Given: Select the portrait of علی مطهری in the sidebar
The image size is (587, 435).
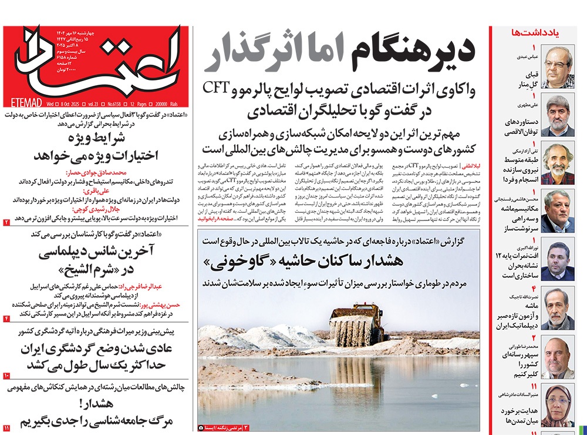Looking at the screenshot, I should (x=558, y=115).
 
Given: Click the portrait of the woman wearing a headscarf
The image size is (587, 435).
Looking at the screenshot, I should (x=558, y=405).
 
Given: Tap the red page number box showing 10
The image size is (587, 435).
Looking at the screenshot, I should (x=7, y=375).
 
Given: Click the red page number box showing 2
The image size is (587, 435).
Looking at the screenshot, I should (x=7, y=222).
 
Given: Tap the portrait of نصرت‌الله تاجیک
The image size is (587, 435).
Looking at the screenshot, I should (x=558, y=309).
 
